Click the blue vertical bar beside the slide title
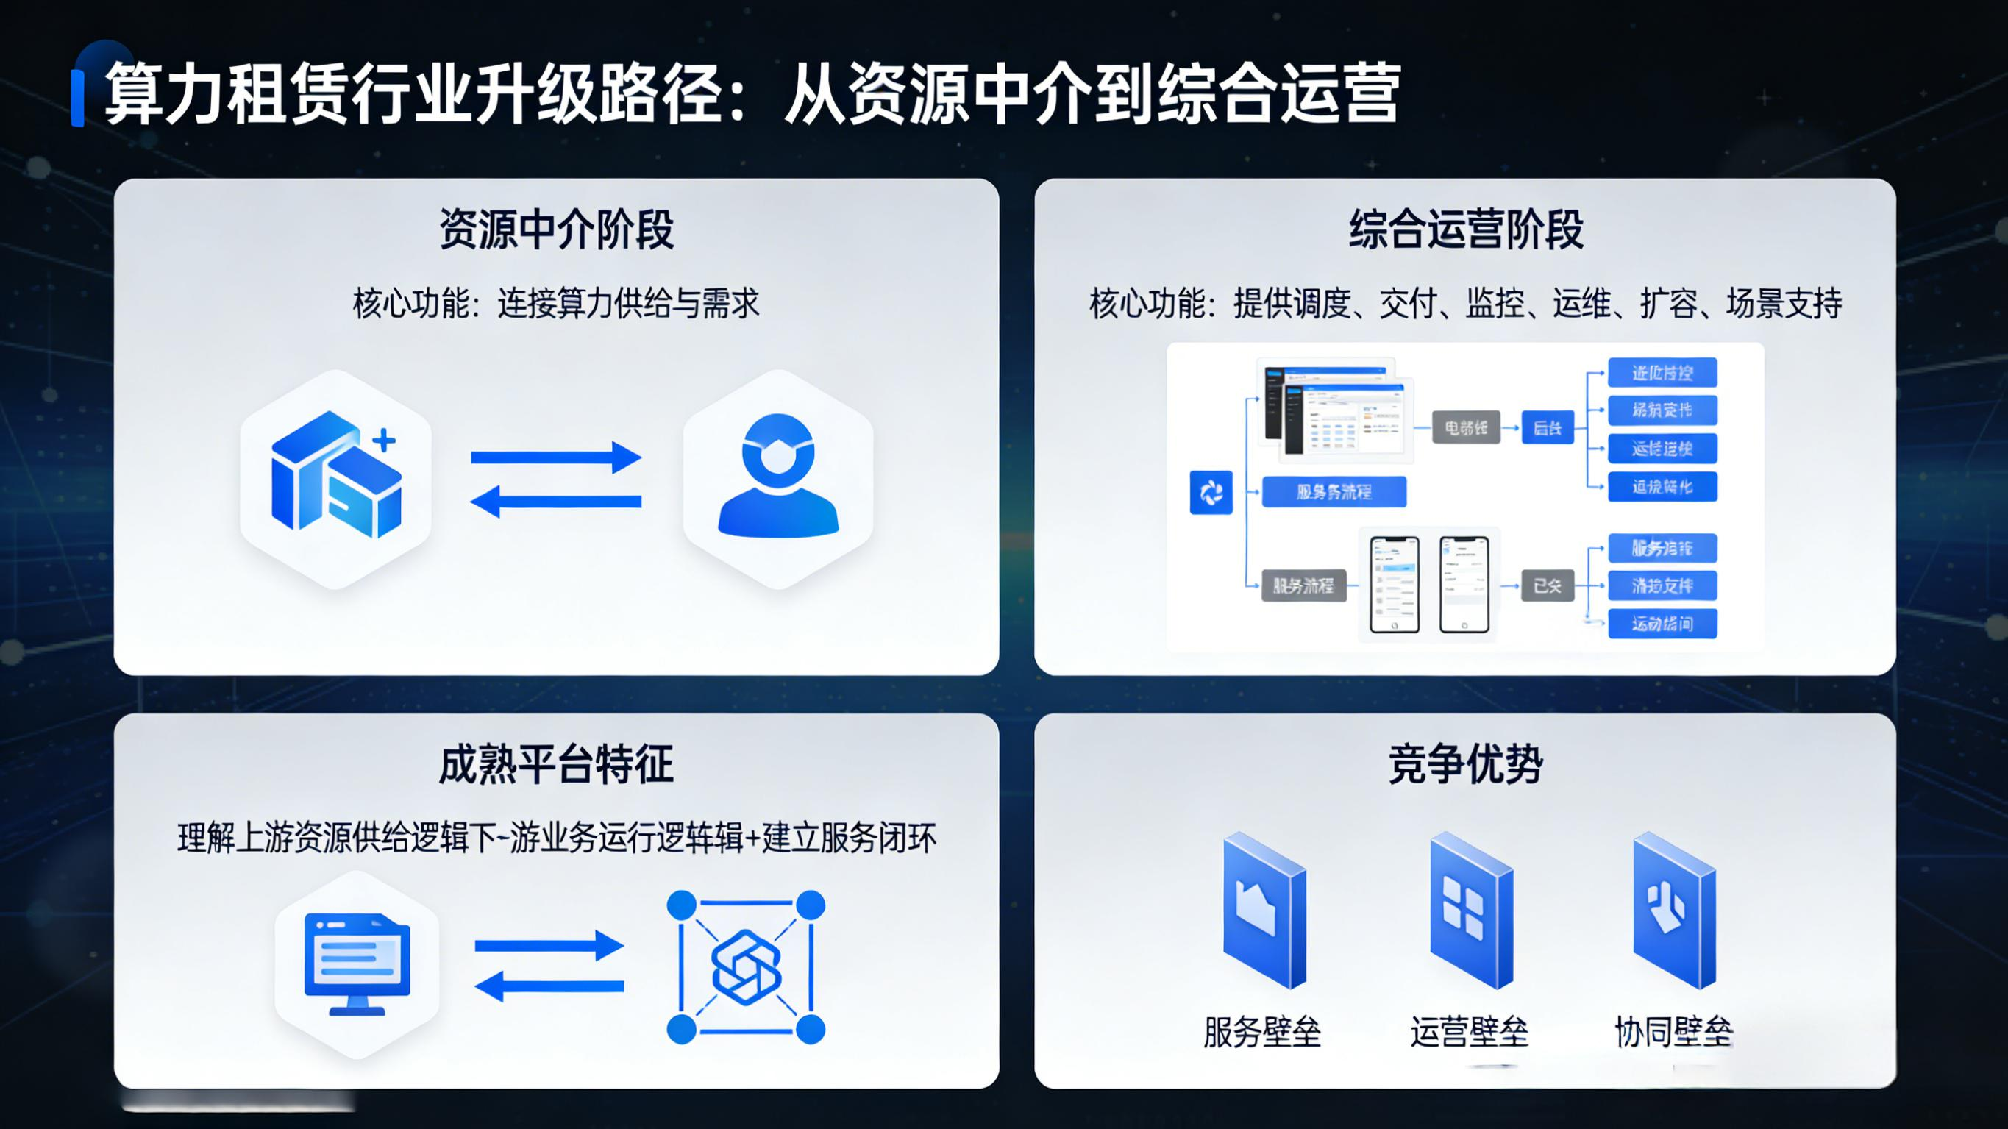click(77, 98)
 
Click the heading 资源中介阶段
click(557, 229)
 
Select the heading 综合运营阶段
click(1465, 229)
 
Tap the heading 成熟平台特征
click(557, 764)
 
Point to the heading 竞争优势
click(1465, 764)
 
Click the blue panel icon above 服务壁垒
click(1264, 910)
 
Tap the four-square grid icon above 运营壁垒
click(1470, 910)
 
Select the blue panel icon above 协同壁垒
click(1673, 910)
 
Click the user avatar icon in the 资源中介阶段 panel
click(778, 477)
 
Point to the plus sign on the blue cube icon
click(383, 441)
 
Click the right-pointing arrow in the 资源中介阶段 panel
click(557, 457)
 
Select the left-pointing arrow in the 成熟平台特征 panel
click(549, 986)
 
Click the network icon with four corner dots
click(746, 967)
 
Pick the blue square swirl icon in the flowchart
click(1211, 492)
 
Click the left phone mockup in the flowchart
click(1394, 584)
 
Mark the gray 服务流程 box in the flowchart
click(1303, 585)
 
